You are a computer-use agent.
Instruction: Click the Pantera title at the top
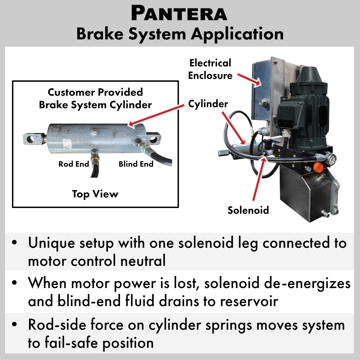[x=179, y=13]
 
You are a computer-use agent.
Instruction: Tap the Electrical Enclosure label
[x=210, y=69]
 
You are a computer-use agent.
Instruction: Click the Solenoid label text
[x=248, y=210]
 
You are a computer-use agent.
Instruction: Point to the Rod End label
[x=74, y=164]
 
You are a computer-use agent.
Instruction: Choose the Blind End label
[x=136, y=164]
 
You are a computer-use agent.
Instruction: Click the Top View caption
[x=95, y=194]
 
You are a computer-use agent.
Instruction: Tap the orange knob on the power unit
[x=317, y=166]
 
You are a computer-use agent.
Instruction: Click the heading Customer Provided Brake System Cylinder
[x=95, y=98]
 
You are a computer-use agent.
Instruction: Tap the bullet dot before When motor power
[x=14, y=284]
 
